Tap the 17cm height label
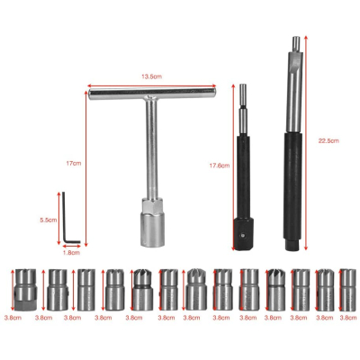(74, 163)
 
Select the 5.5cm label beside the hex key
(49, 220)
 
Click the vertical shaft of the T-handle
(150, 153)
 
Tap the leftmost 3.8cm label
(12, 317)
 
